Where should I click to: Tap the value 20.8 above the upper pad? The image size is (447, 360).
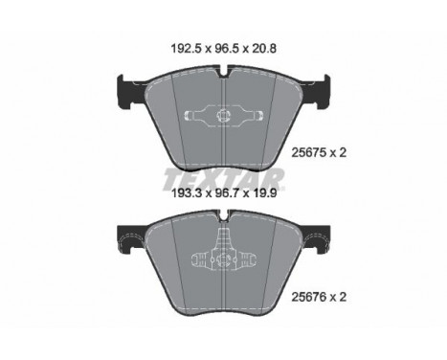click(263, 49)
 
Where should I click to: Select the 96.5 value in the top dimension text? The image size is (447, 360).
click(226, 49)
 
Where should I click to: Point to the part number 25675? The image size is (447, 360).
click(308, 153)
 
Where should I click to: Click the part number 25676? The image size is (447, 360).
click(308, 297)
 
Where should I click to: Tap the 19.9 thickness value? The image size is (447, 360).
click(263, 193)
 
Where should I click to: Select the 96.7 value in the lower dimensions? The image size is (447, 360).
click(226, 193)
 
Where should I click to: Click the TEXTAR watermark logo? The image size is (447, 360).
click(223, 179)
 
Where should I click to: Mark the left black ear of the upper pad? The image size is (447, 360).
click(130, 92)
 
